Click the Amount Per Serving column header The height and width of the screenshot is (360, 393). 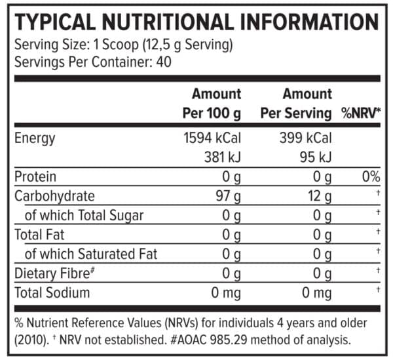(x=296, y=103)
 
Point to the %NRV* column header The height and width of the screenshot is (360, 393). (x=360, y=113)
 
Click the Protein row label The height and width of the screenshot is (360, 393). (x=35, y=176)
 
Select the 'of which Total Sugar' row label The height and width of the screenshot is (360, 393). (x=84, y=215)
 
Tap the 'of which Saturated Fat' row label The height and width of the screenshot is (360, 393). (x=91, y=254)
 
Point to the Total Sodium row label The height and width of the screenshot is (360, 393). (x=52, y=292)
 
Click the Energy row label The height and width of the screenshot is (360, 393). (x=35, y=138)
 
